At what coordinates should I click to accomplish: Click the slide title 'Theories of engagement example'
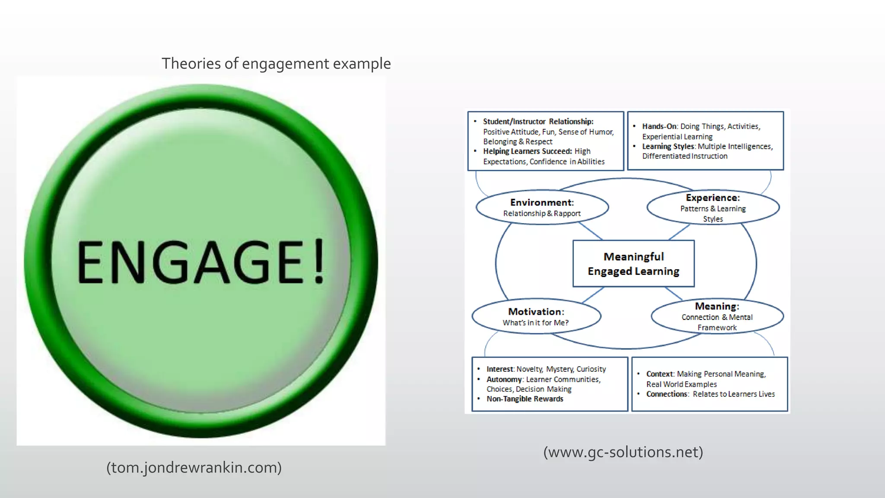pyautogui.click(x=276, y=64)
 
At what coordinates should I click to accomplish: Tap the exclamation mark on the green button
pyautogui.click(x=319, y=261)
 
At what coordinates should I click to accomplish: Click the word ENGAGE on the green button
pyautogui.click(x=190, y=262)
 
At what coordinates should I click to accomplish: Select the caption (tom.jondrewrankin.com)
pyautogui.click(x=194, y=467)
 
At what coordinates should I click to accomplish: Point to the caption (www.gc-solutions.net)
pyautogui.click(x=623, y=452)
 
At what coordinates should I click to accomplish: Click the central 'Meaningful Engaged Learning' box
pyautogui.click(x=634, y=264)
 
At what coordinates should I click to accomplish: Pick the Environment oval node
pyautogui.click(x=542, y=207)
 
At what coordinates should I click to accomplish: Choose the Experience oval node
pyautogui.click(x=713, y=207)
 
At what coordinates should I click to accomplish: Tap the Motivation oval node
pyautogui.click(x=536, y=316)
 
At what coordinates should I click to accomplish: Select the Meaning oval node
pyautogui.click(x=717, y=316)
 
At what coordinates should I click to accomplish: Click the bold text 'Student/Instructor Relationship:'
pyautogui.click(x=538, y=122)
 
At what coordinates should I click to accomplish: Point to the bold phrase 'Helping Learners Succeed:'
pyautogui.click(x=527, y=151)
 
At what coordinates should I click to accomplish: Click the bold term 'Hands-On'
pyautogui.click(x=659, y=127)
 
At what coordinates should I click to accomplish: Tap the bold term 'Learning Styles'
pyautogui.click(x=668, y=147)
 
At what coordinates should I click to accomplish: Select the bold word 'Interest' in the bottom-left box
pyautogui.click(x=500, y=369)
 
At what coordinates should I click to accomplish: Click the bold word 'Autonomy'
pyautogui.click(x=504, y=380)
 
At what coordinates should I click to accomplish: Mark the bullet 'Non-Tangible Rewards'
pyautogui.click(x=525, y=399)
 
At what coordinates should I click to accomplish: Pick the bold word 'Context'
pyautogui.click(x=660, y=374)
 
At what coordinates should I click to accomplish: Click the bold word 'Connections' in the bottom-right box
pyautogui.click(x=667, y=394)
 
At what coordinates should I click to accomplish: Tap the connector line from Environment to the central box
pyautogui.click(x=591, y=231)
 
